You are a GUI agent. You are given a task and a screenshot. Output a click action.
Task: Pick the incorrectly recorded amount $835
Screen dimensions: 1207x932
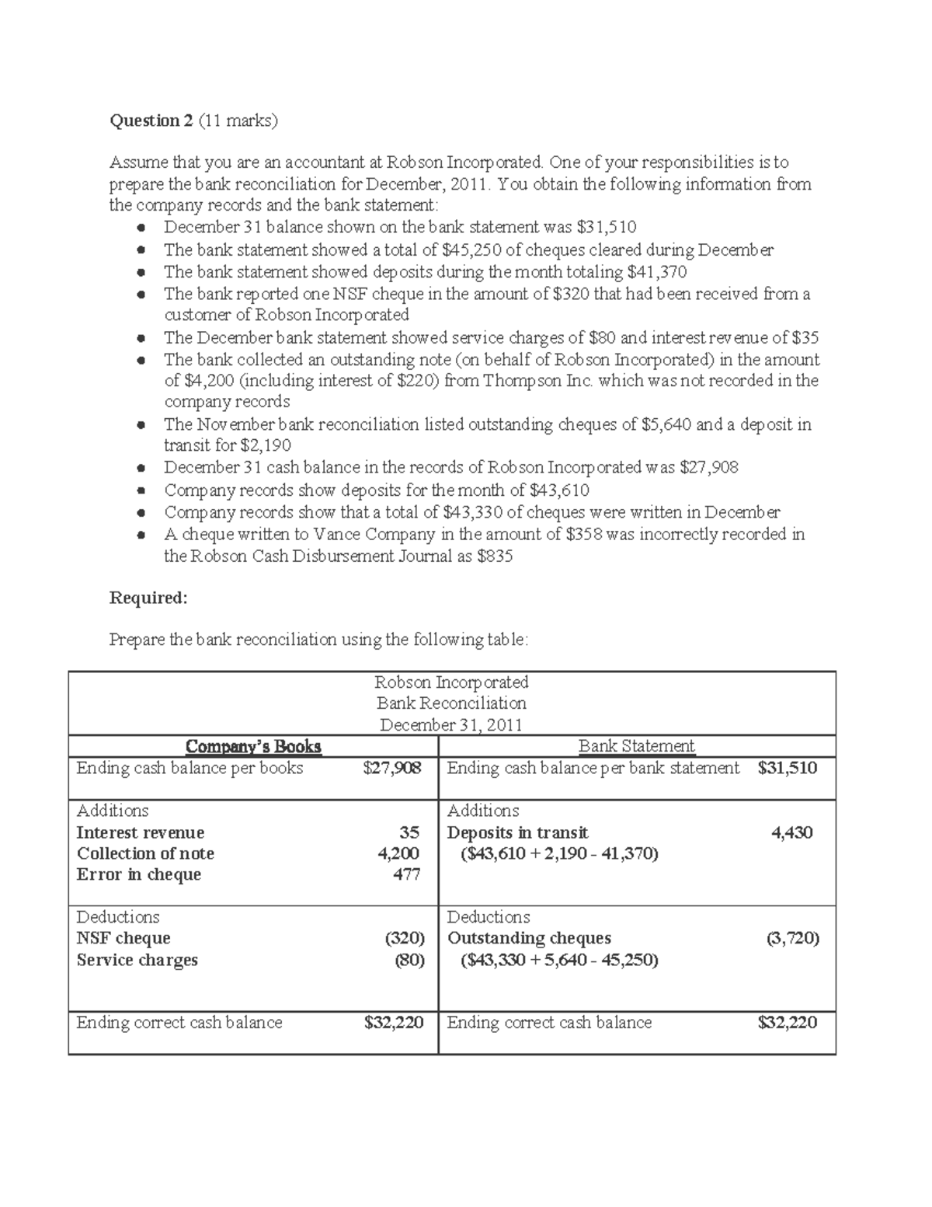pos(495,556)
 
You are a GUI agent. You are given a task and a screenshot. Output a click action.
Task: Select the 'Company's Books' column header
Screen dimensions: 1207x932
pos(253,747)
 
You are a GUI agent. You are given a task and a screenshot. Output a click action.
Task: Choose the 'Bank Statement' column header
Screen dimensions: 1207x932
pos(636,746)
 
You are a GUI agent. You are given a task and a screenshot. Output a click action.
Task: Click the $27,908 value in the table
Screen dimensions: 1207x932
pos(392,769)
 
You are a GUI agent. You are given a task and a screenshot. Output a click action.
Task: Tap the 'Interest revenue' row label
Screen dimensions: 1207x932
pos(141,832)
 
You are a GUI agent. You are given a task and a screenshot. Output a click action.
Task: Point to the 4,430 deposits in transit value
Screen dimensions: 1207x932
pos(791,832)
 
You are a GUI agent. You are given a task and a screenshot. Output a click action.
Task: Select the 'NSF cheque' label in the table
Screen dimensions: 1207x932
pos(123,938)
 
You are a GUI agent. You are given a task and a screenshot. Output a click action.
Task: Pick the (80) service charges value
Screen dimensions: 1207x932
pos(409,960)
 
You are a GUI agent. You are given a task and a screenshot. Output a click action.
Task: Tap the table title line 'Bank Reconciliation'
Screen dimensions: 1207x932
pos(451,703)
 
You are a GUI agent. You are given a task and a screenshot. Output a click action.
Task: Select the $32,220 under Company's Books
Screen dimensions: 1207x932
pos(394,1023)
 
